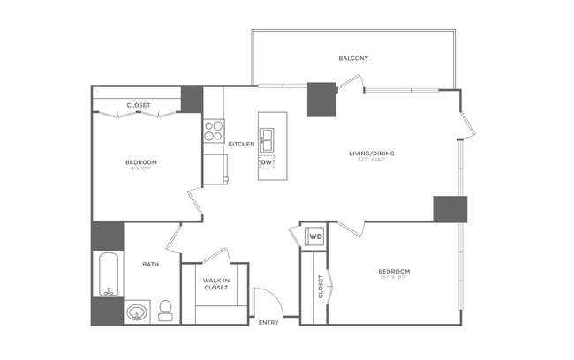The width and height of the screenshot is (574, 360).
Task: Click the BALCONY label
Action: click(353, 58)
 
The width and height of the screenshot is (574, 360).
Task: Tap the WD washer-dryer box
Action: click(314, 236)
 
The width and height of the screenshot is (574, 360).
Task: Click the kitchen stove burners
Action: click(214, 131)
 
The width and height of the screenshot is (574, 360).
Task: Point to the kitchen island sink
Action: click(267, 139)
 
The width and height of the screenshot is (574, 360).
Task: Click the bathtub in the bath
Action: click(108, 274)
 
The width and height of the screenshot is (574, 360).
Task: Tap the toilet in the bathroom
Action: click(165, 311)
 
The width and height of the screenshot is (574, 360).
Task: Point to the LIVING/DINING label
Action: click(371, 154)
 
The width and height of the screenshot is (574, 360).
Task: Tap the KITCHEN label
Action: click(241, 144)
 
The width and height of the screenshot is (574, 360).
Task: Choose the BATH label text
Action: click(151, 263)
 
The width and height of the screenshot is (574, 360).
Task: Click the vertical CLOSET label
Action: click(321, 286)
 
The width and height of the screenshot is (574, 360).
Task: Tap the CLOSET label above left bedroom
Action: click(139, 105)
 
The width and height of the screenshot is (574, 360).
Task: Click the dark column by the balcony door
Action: click(321, 100)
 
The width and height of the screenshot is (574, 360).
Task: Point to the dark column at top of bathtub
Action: click(108, 236)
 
